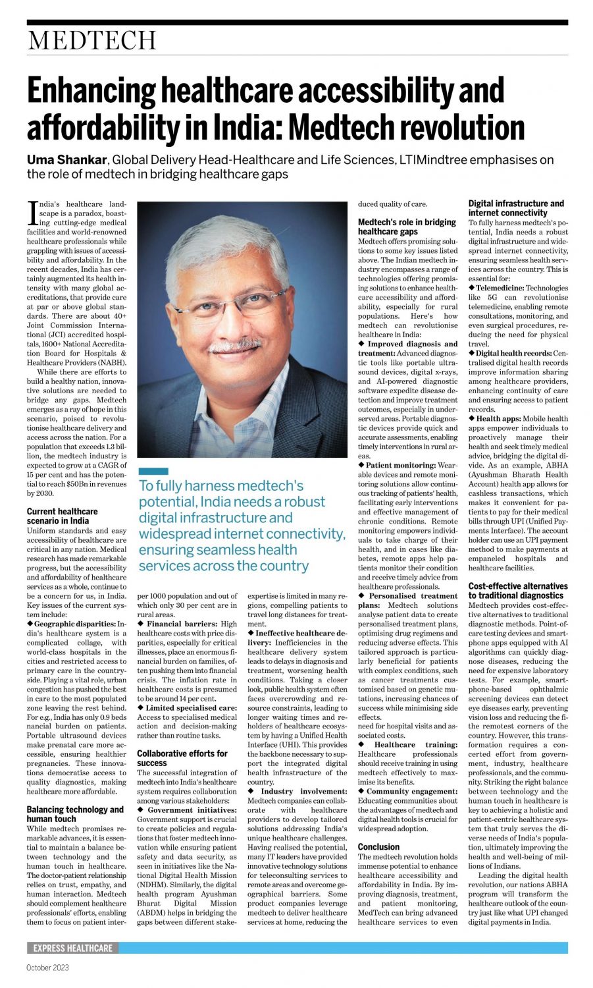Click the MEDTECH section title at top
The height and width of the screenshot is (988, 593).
point(91,41)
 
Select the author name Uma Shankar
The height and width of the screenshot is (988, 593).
point(66,160)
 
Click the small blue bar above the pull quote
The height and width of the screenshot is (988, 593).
point(153,471)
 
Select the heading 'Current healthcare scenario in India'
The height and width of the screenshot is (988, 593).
point(62,516)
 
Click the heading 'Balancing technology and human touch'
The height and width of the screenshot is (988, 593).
point(74,814)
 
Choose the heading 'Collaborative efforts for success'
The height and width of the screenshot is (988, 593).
point(182,758)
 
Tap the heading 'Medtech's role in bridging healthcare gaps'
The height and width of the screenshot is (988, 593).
point(406,227)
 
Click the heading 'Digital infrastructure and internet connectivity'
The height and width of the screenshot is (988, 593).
point(515,208)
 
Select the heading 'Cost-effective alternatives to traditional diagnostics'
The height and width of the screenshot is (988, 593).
point(517,590)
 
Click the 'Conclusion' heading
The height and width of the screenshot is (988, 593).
point(378,846)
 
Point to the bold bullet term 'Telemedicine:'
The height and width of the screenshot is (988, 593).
point(500,288)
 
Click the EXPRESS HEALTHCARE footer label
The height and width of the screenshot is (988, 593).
point(72,948)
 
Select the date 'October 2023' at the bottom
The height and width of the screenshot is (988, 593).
point(47,968)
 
